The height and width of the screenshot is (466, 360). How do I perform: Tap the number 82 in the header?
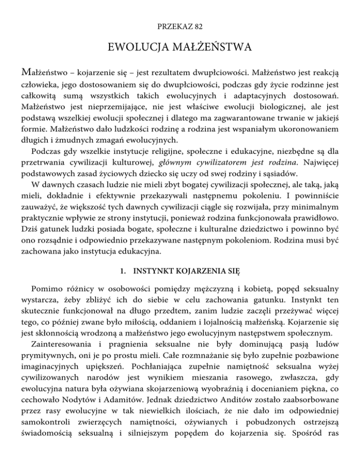click(x=196, y=28)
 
